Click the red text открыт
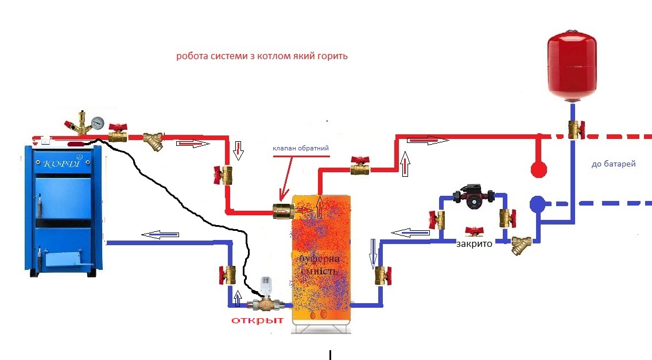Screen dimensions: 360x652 coord(257,321)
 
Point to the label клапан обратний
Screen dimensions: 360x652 coord(301,148)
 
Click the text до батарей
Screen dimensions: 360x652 coord(613,164)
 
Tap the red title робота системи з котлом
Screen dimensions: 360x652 coord(262,57)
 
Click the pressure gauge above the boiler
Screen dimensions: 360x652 coord(97,123)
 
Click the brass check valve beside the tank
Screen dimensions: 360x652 coord(283,211)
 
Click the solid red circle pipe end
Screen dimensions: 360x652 coord(538,169)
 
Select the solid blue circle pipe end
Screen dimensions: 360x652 coord(537,203)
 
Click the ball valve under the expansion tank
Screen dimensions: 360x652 coord(573,130)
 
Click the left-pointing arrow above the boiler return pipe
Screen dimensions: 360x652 coord(160,234)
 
